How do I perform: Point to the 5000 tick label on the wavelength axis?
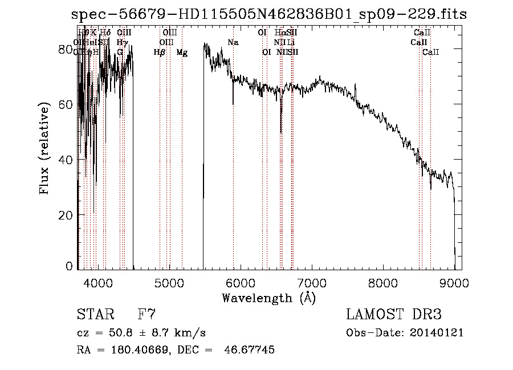pos(169,283)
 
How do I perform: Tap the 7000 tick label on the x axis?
pos(312,283)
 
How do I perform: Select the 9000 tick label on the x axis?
pos(454,283)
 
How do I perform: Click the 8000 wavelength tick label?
pos(383,283)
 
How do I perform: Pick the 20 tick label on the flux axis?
pos(66,215)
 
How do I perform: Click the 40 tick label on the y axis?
pos(66,160)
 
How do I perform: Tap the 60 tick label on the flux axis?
pos(66,105)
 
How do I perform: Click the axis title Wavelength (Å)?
pos(268,298)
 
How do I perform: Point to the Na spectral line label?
pos(233,42)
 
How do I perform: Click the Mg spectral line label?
pos(182,52)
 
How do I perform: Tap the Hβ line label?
pos(160,52)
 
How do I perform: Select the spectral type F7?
pos(146,315)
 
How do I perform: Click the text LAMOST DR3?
pos(393,315)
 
